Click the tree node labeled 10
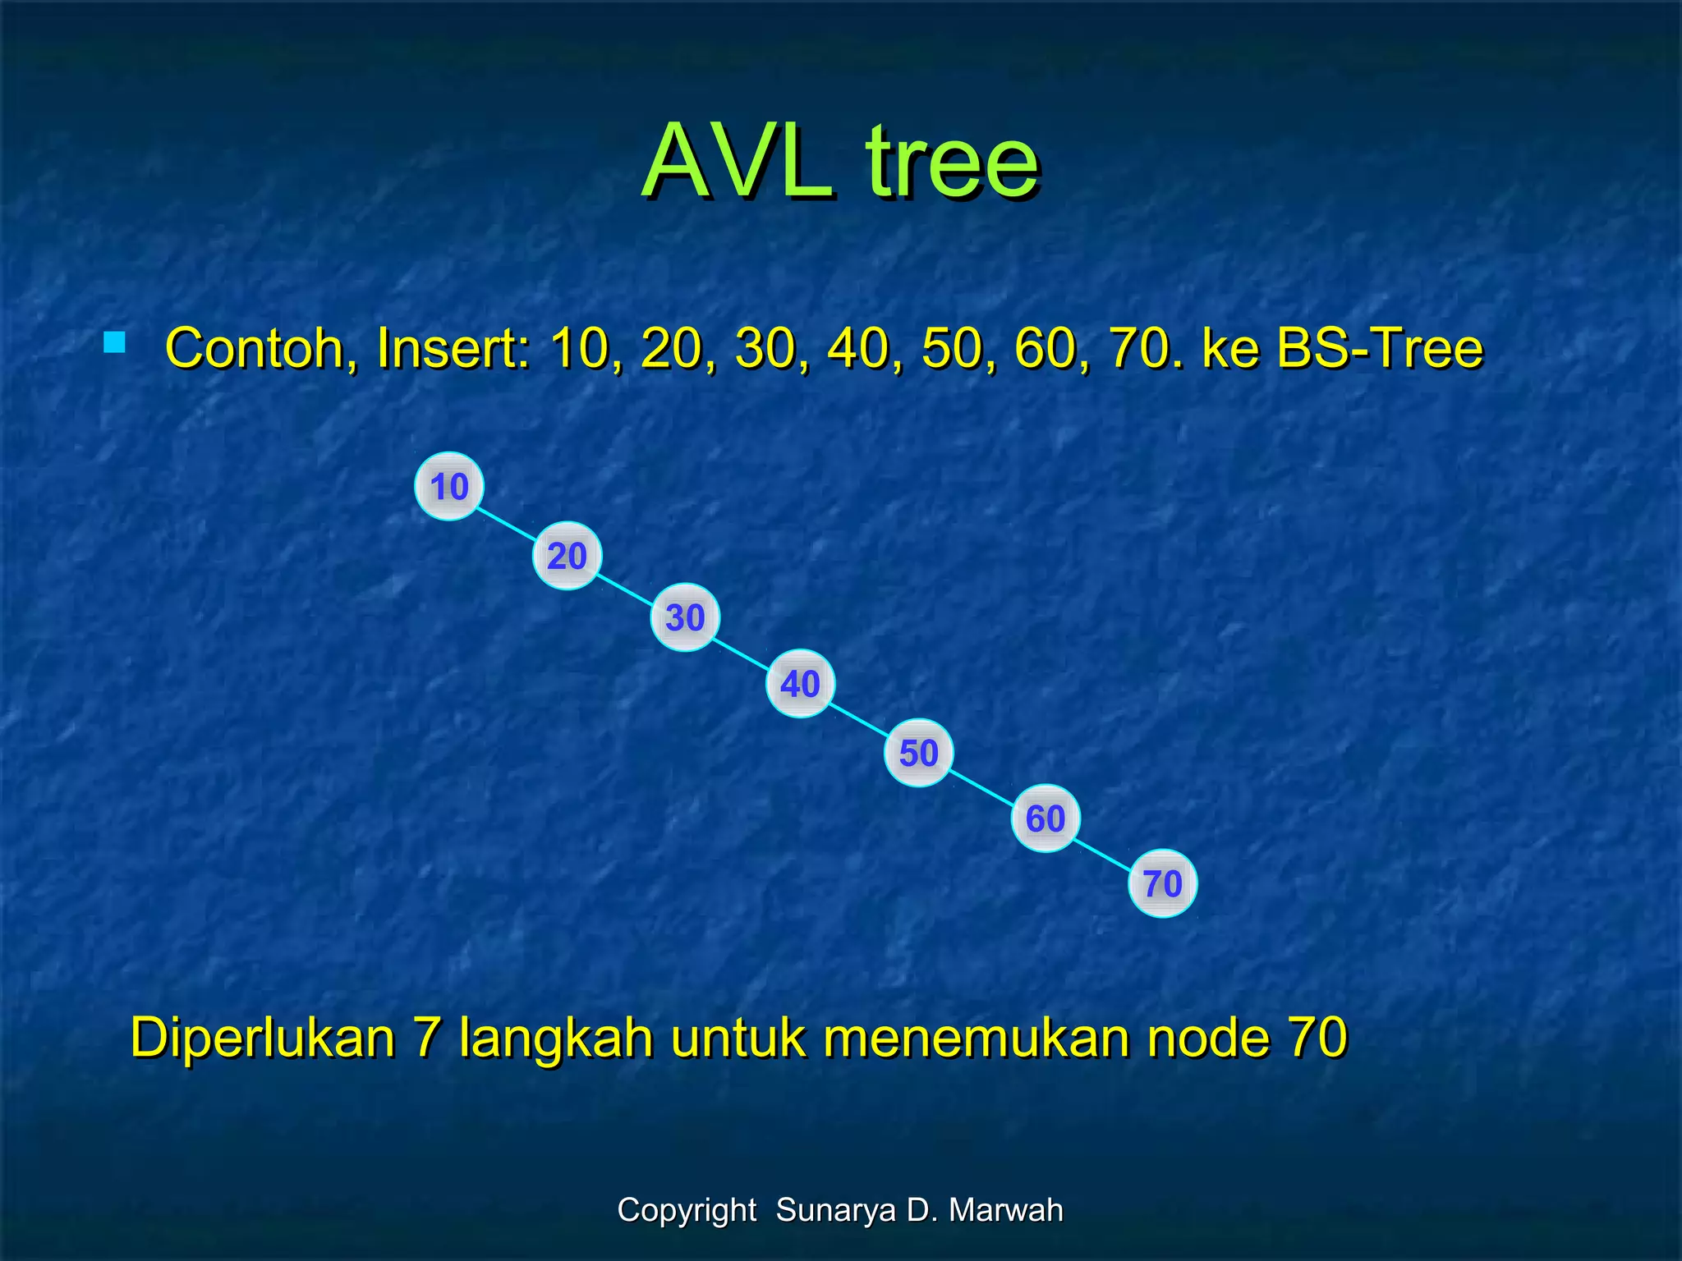(448, 486)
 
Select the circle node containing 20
(567, 556)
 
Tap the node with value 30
(685, 617)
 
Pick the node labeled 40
(800, 683)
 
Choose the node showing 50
(918, 753)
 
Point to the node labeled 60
(1045, 818)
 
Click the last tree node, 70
(1162, 883)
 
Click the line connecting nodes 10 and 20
(508, 522)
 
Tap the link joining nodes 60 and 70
(1104, 852)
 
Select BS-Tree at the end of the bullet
(1380, 348)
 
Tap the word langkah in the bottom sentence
(555, 1038)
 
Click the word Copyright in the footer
(687, 1210)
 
